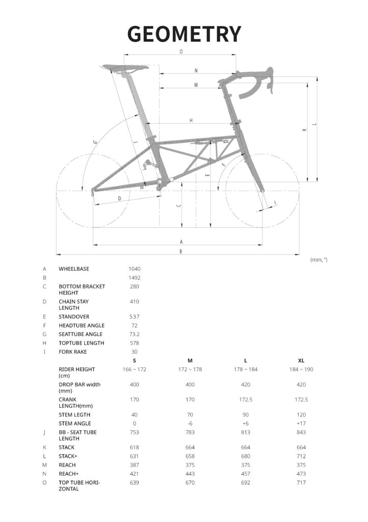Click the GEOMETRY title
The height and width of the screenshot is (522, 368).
(184, 34)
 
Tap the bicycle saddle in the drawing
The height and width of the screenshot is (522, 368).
(124, 67)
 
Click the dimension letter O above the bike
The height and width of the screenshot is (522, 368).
(181, 52)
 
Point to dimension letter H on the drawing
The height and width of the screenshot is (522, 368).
(191, 120)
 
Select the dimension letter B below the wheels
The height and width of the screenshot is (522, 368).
(181, 251)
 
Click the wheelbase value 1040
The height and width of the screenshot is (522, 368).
(135, 269)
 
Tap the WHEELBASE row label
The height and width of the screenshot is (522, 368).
(74, 269)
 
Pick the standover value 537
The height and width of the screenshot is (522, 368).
(135, 317)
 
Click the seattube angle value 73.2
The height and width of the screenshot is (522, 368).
(135, 334)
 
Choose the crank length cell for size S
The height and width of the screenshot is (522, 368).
(135, 400)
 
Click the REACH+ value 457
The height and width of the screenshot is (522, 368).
(246, 474)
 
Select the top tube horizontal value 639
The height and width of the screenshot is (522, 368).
(135, 482)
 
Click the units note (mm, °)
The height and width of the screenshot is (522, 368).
(319, 259)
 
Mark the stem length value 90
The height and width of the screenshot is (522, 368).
(246, 414)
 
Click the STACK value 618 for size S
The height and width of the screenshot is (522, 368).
(135, 448)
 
